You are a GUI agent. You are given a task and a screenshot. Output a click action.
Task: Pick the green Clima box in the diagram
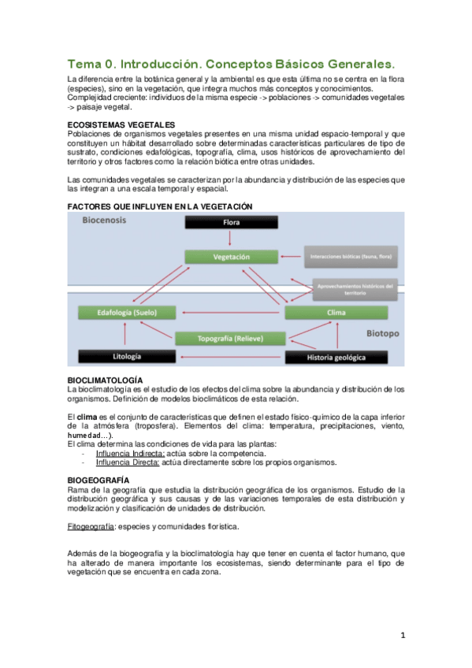(x=336, y=313)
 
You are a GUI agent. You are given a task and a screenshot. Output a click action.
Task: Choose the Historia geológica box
(x=336, y=357)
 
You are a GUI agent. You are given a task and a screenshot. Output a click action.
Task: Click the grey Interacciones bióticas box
(x=352, y=257)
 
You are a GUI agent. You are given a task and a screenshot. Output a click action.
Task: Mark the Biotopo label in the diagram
(x=382, y=334)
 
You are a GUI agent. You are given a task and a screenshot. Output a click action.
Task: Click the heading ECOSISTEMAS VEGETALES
(x=121, y=125)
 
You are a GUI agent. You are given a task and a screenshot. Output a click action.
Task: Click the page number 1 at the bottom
(x=402, y=635)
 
